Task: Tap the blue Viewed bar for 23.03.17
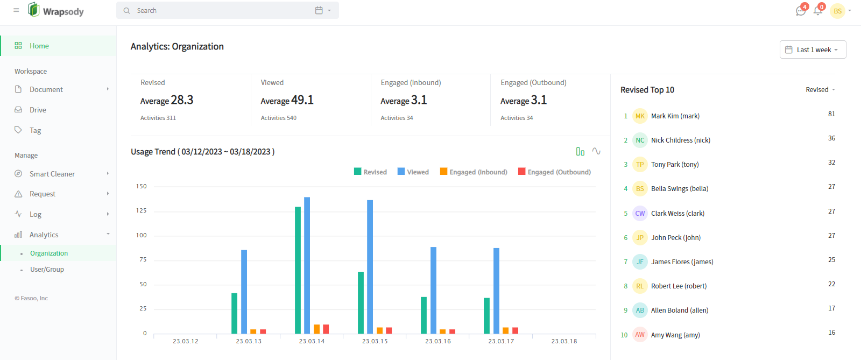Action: [x=496, y=291]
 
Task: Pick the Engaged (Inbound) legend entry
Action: [x=474, y=172]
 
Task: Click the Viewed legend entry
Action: [x=413, y=172]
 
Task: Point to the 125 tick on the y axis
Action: [x=141, y=210]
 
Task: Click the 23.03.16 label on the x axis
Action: [x=438, y=341]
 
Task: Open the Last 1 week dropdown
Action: [x=813, y=50]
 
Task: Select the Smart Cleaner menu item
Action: [x=52, y=174]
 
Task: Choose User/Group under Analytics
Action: [x=47, y=270]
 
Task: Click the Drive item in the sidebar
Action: [x=38, y=110]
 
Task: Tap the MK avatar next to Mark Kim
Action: [x=640, y=116]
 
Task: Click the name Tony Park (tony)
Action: [x=675, y=165]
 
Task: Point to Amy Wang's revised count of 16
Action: [x=831, y=333]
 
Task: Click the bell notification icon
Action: [x=818, y=11]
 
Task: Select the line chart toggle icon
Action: [x=596, y=151]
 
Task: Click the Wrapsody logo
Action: [x=56, y=10]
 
